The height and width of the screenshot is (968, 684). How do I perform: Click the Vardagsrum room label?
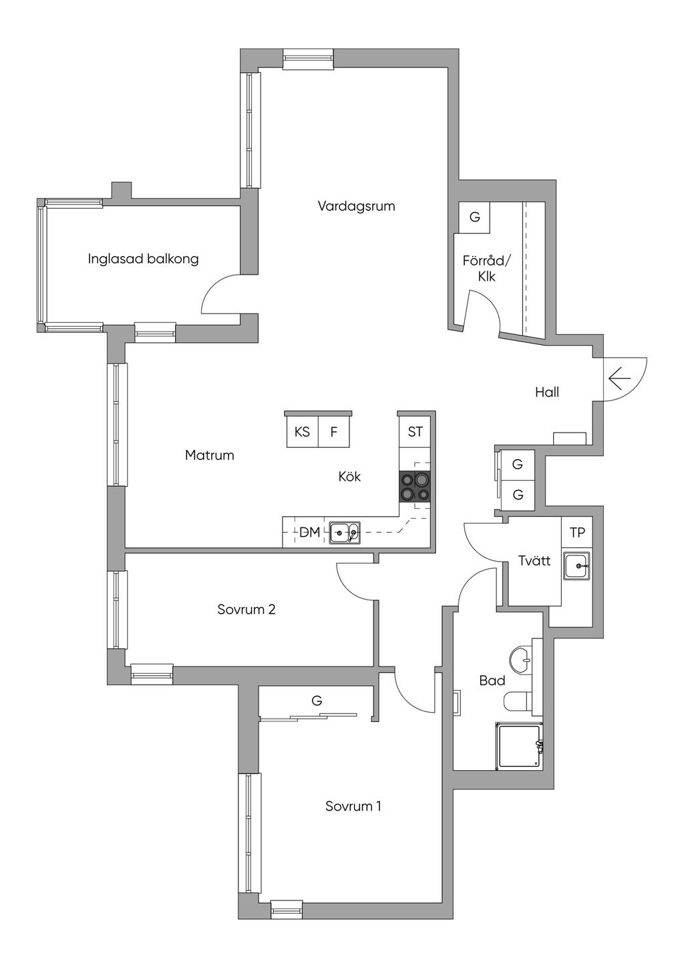[x=356, y=206]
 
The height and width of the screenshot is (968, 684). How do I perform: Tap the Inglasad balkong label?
[x=144, y=259]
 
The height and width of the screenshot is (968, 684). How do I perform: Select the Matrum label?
[x=210, y=455]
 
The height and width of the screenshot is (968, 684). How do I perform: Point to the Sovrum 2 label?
[x=246, y=609]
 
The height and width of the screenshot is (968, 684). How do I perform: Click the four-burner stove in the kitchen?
[x=415, y=487]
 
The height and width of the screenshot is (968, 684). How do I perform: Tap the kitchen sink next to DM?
[x=345, y=532]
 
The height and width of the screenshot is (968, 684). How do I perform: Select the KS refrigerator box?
[x=303, y=432]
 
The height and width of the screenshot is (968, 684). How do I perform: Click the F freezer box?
[x=334, y=432]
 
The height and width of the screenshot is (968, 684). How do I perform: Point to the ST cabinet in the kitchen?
[x=415, y=432]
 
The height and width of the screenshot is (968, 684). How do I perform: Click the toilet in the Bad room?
[x=518, y=701]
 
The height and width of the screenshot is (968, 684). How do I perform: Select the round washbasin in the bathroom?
[x=521, y=660]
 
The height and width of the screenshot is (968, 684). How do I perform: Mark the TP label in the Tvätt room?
[x=577, y=533]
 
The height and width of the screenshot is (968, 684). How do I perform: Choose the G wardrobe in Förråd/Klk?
[x=474, y=217]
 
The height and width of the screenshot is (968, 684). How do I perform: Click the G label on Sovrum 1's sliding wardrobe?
[x=317, y=701]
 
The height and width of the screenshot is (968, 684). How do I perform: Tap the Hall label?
[x=547, y=392]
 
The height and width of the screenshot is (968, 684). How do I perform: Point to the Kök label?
[x=349, y=477]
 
